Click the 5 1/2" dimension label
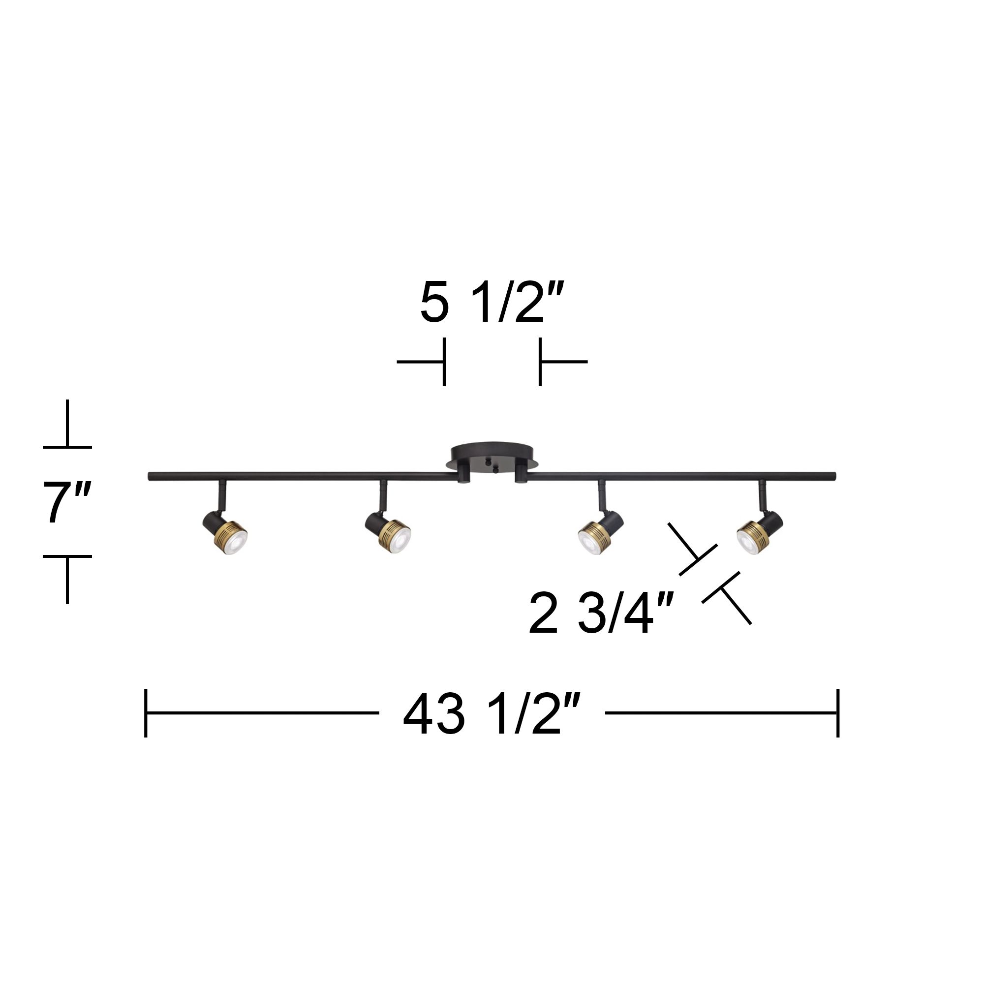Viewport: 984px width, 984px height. click(x=492, y=304)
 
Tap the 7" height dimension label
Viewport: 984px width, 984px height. click(x=67, y=502)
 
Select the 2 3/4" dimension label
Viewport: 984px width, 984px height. click(x=602, y=614)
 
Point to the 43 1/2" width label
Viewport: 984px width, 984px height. click(x=492, y=714)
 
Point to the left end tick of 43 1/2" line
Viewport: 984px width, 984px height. click(x=146, y=712)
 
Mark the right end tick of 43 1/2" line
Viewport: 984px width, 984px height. click(x=838, y=712)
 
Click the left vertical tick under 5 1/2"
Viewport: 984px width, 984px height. click(x=444, y=362)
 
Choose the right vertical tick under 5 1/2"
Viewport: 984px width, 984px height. click(x=540, y=362)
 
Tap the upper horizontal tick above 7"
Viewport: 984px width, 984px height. click(x=67, y=447)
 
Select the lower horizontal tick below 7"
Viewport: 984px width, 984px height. click(x=67, y=556)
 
